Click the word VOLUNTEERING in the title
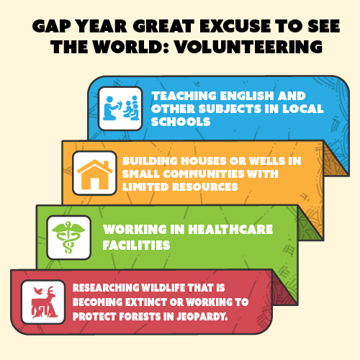pos(248,47)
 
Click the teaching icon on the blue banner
pos(120,109)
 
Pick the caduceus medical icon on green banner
pos(68,237)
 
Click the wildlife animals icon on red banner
pos(43,302)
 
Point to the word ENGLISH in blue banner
pos(247,96)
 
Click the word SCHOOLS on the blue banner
pos(181,122)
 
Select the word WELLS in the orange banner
pos(266,161)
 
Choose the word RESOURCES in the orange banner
pos(205,186)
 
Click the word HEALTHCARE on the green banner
pos(230,229)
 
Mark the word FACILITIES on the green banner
pos(136,245)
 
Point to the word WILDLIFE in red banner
pos(163,288)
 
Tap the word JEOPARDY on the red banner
pos(202,317)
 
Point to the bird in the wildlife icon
pos(37,291)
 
